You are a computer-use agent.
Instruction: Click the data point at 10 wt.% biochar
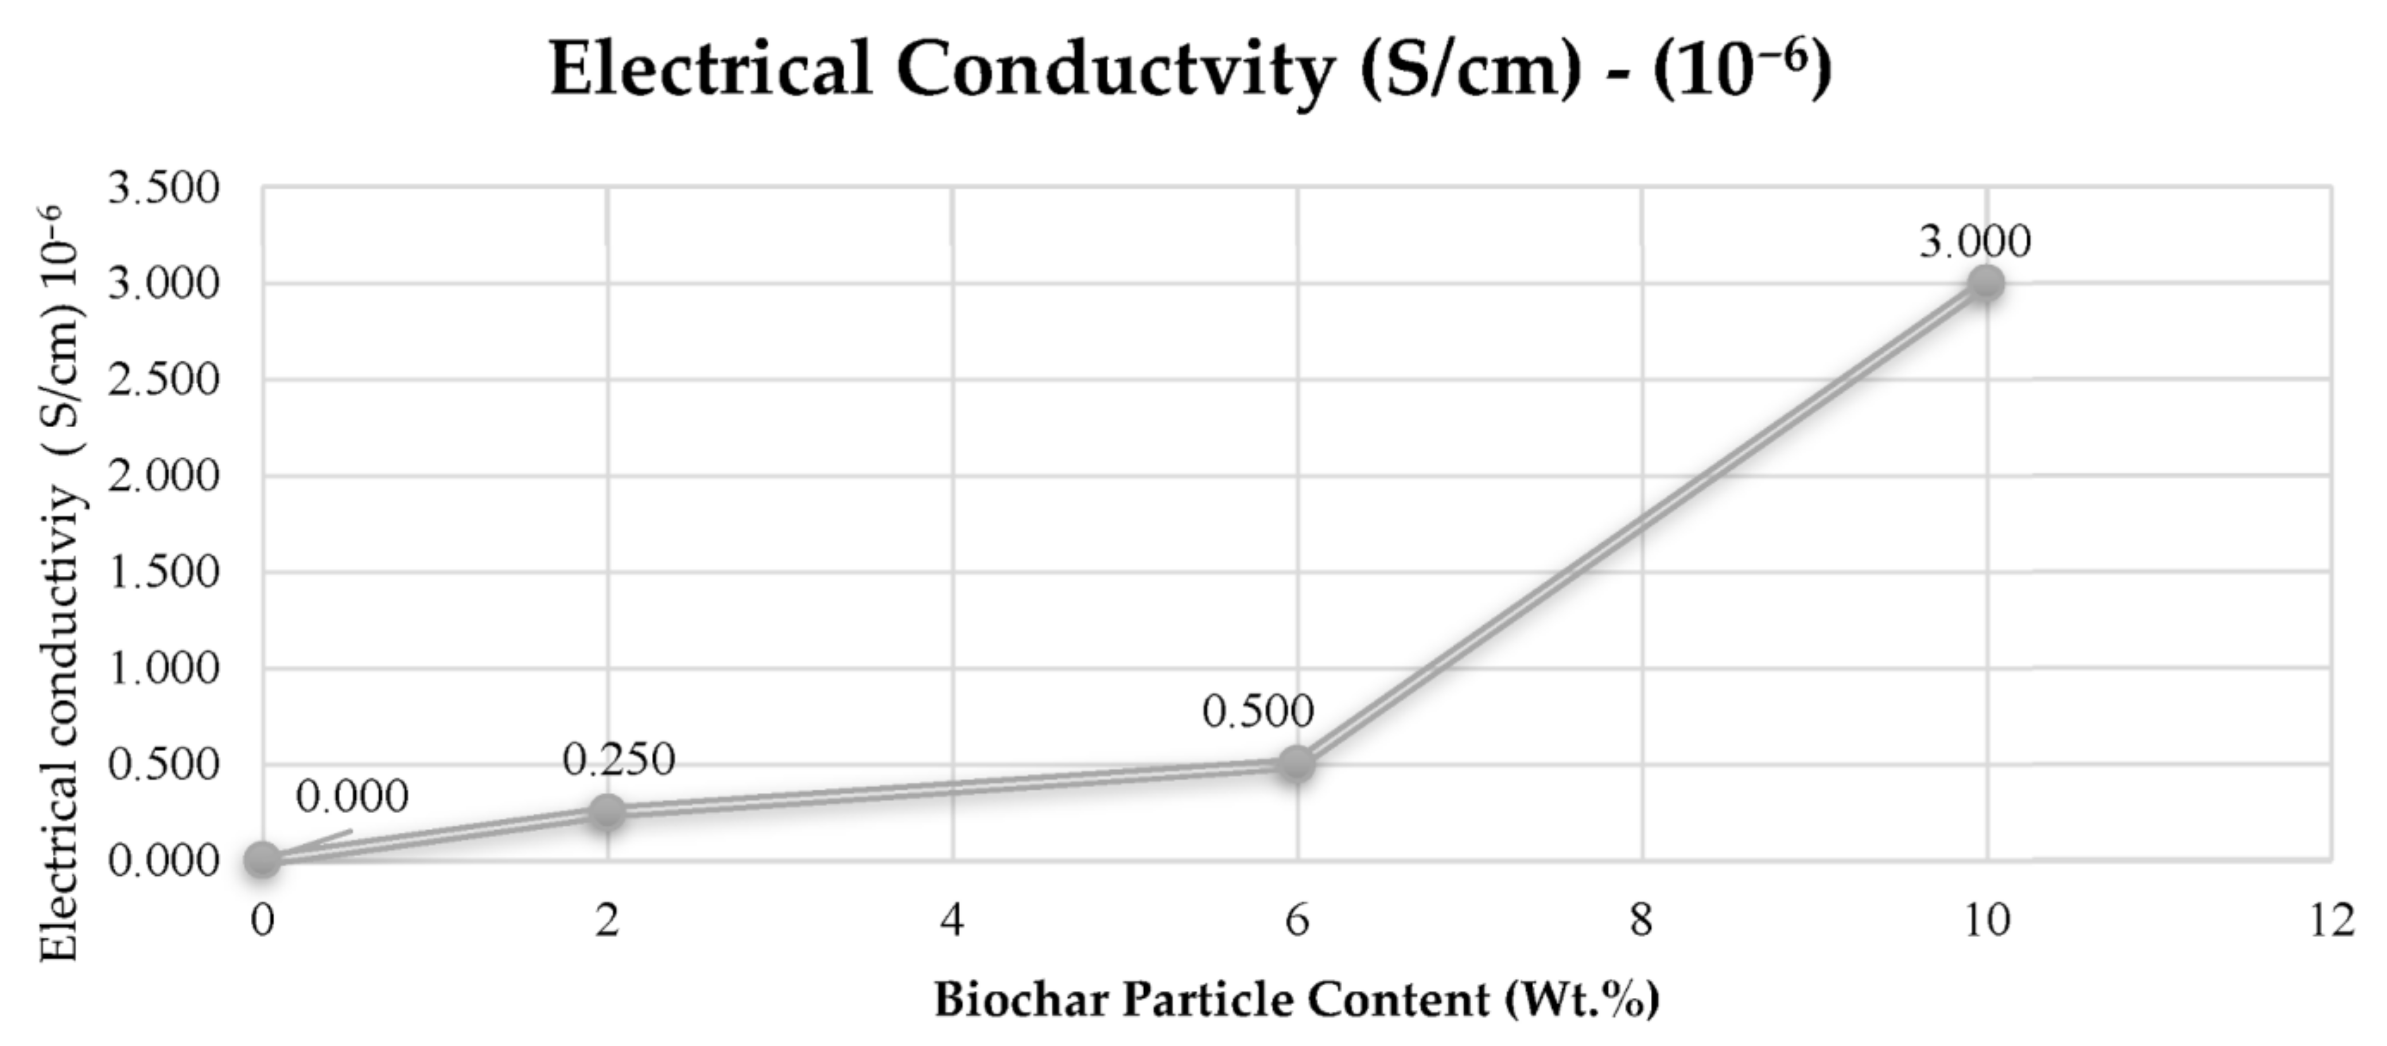[x=1986, y=283]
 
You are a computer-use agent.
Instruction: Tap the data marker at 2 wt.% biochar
[x=607, y=811]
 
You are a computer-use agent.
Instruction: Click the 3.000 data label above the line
[x=1974, y=242]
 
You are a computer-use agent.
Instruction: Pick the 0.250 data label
[x=619, y=760]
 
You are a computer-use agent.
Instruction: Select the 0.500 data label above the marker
[x=1258, y=712]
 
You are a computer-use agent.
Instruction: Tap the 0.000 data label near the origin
[x=352, y=797]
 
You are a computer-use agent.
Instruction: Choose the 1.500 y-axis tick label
[x=164, y=572]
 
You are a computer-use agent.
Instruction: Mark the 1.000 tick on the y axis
[x=164, y=668]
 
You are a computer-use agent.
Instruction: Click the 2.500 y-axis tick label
[x=164, y=380]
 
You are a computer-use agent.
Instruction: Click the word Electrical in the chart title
[x=711, y=69]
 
